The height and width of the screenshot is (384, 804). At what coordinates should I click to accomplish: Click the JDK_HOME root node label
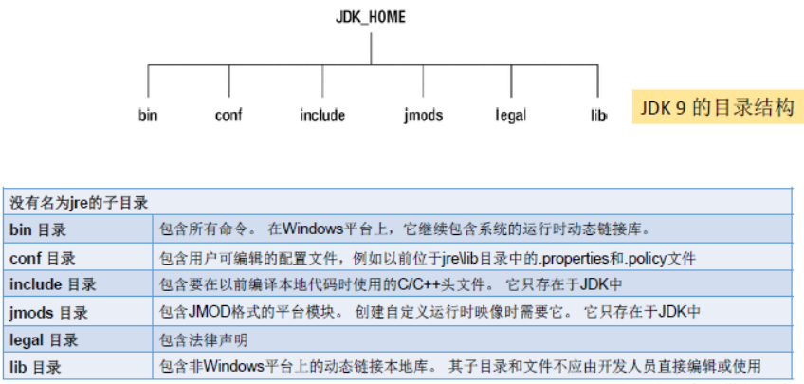(371, 17)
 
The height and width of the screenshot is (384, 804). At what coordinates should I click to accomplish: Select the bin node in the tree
(148, 116)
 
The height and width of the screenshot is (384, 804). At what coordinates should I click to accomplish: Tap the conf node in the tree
(228, 116)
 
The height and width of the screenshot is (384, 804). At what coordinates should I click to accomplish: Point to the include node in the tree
(322, 116)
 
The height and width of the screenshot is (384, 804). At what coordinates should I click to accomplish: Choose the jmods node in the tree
(423, 116)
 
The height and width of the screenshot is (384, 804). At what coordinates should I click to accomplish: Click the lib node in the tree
(598, 116)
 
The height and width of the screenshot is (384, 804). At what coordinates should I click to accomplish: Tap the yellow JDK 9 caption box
(715, 108)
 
